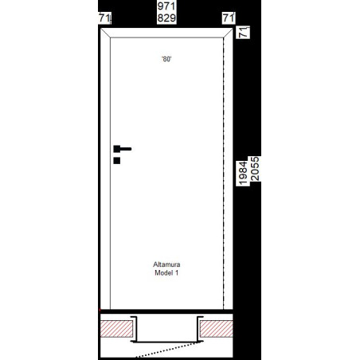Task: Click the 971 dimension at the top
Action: [166, 6]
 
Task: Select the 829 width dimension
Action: [166, 18]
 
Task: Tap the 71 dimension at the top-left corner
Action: [104, 18]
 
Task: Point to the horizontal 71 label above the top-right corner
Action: [229, 18]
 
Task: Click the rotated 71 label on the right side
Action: [244, 32]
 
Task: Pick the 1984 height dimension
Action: [243, 173]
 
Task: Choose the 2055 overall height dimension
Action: [255, 169]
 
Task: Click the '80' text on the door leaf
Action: [166, 59]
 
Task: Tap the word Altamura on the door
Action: [166, 264]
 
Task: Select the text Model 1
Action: [166, 272]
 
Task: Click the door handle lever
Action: [123, 149]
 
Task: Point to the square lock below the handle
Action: [117, 161]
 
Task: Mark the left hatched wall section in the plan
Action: [116, 329]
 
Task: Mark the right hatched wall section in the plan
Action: [217, 329]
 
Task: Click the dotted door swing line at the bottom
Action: [166, 350]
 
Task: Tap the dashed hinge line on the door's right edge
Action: [224, 174]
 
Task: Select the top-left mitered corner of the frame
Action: [105, 33]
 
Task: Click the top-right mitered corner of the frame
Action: [228, 33]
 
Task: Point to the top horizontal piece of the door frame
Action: [166, 33]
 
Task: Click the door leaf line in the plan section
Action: [166, 342]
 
